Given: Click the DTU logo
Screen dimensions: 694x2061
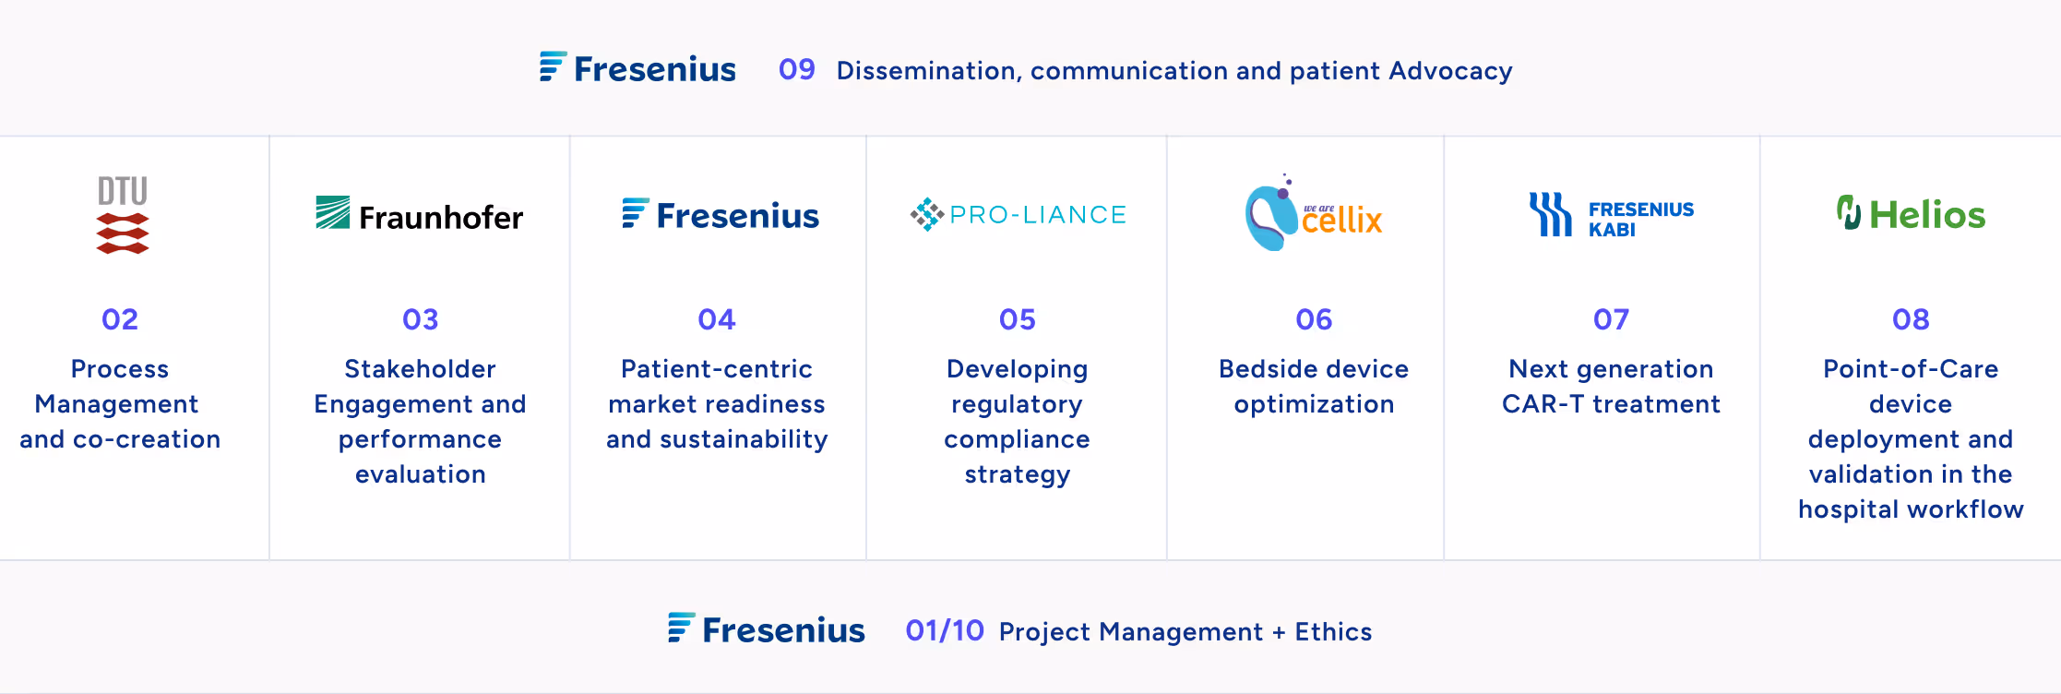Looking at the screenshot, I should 123,215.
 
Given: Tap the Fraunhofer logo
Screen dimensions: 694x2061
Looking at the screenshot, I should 420,215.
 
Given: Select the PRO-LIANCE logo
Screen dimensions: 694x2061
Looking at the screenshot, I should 1018,214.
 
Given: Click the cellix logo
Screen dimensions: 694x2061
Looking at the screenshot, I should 1314,214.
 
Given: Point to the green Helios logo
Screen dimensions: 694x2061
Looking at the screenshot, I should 1911,214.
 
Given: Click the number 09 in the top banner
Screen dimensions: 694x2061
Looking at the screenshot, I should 796,69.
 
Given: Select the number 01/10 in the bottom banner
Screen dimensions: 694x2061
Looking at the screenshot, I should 944,630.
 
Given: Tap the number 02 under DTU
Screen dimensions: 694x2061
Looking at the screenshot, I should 120,319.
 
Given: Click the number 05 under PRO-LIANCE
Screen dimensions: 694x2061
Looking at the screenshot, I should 1018,319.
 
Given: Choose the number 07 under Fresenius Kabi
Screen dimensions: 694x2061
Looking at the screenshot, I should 1612,319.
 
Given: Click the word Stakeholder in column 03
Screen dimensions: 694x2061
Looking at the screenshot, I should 420,369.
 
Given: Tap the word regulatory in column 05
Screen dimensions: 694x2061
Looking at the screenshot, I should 1017,404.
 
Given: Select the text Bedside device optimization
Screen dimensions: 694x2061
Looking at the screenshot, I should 1314,387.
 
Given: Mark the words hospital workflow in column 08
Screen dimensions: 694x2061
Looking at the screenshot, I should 1911,509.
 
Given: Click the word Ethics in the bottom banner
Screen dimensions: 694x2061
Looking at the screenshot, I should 1333,632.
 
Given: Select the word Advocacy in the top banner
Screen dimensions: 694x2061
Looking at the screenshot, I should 1450,71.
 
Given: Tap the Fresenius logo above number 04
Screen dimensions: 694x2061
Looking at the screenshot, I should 720,215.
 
